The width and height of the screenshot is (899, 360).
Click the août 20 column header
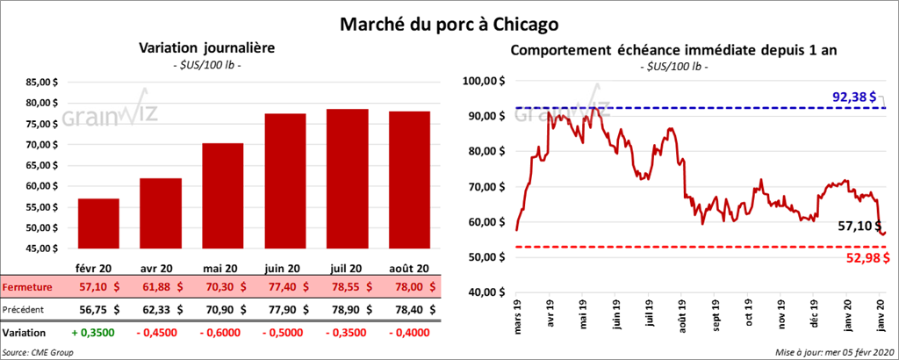pos(409,269)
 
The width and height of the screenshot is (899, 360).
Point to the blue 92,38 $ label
pos(852,97)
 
